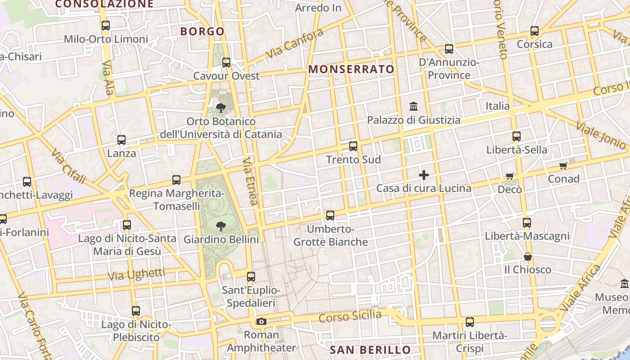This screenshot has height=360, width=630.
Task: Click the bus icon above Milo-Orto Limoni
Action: pyautogui.click(x=106, y=26)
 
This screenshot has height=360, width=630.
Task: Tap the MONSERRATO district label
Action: pyautogui.click(x=351, y=69)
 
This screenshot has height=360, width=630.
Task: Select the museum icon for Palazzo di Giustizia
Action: pyautogui.click(x=414, y=107)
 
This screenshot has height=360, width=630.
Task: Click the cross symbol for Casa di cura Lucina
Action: pyautogui.click(x=423, y=175)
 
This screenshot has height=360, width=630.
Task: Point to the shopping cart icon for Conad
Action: pyautogui.click(x=563, y=166)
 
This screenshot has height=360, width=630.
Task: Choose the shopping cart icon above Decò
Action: pyautogui.click(x=509, y=176)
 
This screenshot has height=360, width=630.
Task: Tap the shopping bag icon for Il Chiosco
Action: pyautogui.click(x=528, y=256)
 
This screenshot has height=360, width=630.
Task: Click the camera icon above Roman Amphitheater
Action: pyautogui.click(x=261, y=321)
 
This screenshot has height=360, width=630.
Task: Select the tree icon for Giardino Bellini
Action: pyautogui.click(x=221, y=226)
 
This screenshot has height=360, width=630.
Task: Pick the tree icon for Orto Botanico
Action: pyautogui.click(x=220, y=108)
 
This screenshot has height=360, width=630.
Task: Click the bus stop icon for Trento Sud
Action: pyautogui.click(x=353, y=146)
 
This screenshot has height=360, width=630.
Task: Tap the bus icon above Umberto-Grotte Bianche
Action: pyautogui.click(x=330, y=216)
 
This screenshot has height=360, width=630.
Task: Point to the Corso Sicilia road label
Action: pyautogui.click(x=350, y=316)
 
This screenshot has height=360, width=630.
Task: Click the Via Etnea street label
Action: pyautogui.click(x=250, y=181)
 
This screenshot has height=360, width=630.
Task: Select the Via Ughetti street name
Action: pyautogui.click(x=136, y=274)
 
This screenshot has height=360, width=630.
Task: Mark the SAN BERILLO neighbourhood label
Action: pyautogui.click(x=370, y=350)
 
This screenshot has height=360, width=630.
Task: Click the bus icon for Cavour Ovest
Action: pyautogui.click(x=226, y=63)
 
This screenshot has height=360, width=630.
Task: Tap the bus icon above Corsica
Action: pyautogui.click(x=535, y=31)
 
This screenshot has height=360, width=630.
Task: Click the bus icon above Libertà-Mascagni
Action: pyautogui.click(x=527, y=223)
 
